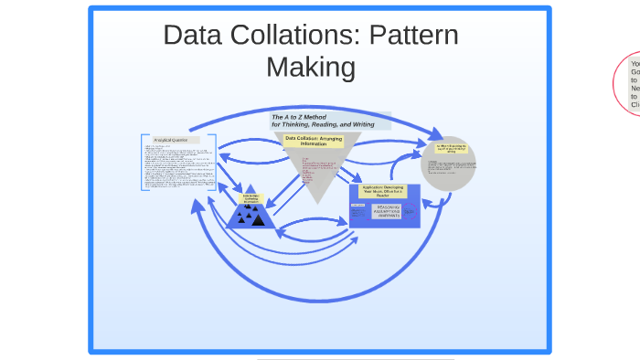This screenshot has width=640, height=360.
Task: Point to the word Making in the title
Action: coord(310,67)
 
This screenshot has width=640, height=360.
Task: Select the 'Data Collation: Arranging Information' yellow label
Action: coord(313,141)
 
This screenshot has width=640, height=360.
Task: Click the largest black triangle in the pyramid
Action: coord(259,219)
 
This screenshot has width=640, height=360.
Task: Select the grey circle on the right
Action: coord(449,164)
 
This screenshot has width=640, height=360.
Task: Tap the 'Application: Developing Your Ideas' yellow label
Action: coord(384,191)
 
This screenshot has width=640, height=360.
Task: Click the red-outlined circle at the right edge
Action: coord(630,85)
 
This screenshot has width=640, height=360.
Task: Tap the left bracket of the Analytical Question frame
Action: coord(143,163)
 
